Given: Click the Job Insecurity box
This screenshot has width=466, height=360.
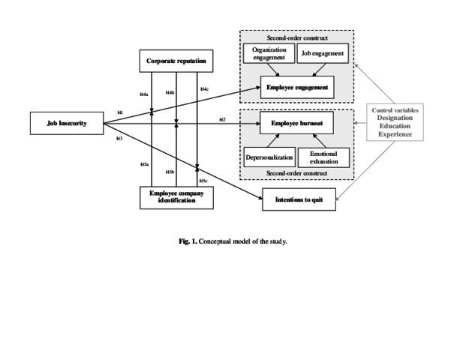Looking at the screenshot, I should tap(65, 124).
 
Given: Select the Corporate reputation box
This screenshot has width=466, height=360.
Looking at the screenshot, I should tap(176, 61).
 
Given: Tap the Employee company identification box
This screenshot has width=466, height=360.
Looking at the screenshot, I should tap(176, 197).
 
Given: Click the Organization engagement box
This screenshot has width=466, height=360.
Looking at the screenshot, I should tap(269, 54).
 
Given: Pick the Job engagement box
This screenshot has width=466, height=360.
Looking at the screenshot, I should tap(323, 54).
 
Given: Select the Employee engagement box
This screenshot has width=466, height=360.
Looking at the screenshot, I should tap(296, 88).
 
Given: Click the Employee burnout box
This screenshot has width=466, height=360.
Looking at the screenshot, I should tap(296, 123).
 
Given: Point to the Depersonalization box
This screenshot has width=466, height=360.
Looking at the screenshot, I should tap(269, 157).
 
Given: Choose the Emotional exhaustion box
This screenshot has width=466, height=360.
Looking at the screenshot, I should tap(323, 157).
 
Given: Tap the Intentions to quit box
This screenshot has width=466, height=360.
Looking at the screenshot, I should tap(298, 201).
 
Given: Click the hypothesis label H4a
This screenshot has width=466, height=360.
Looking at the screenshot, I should tap(144, 94).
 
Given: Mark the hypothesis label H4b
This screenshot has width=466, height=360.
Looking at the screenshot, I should tap(170, 93).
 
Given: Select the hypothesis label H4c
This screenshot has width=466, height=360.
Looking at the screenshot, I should tap(204, 89).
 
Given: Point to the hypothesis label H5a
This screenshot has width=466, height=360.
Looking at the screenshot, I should tap(144, 164).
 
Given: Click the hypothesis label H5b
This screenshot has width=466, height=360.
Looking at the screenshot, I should tap(170, 172).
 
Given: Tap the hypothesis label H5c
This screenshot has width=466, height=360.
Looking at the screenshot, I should tap(203, 181).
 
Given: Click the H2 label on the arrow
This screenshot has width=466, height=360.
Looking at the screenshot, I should tap(222, 120).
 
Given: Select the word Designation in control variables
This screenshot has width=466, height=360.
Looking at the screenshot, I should tap(395, 118).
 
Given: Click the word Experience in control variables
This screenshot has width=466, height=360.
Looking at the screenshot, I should tap(395, 134).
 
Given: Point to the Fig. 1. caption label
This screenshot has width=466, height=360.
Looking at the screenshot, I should tap(188, 241).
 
